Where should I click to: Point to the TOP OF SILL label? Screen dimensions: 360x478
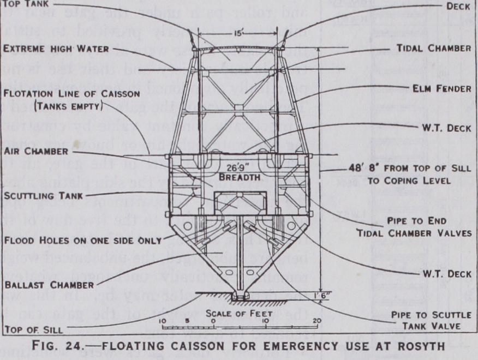coord(33,330)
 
